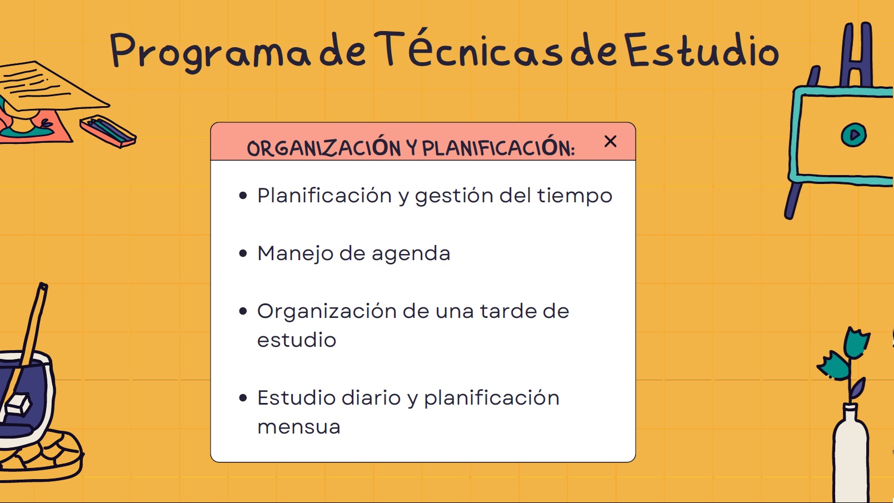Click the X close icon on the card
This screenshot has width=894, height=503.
click(x=610, y=141)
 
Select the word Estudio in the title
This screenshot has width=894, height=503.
click(x=701, y=49)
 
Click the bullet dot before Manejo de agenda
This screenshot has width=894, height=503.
click(x=243, y=253)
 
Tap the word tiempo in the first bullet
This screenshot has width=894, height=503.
click(x=575, y=196)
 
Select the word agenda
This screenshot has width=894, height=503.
click(x=411, y=255)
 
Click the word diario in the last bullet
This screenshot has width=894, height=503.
click(x=371, y=397)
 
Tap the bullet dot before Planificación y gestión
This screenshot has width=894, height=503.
click(x=243, y=196)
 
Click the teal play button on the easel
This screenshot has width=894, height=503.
click(x=853, y=135)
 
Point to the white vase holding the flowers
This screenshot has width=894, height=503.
click(x=851, y=455)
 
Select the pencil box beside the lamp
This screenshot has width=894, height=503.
click(x=108, y=131)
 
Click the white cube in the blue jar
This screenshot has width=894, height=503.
click(x=18, y=404)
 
